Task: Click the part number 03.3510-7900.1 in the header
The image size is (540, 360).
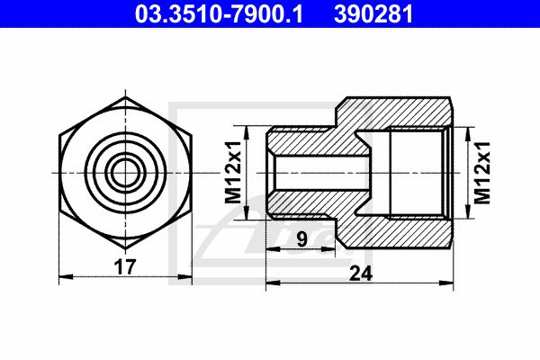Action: [x=219, y=13]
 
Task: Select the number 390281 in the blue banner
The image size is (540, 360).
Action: [x=373, y=13]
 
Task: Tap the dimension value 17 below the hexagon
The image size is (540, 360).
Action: [x=125, y=267]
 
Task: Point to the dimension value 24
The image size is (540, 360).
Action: [x=361, y=274]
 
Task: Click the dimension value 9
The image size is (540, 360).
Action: [x=301, y=239]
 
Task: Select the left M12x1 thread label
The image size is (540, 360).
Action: [x=233, y=172]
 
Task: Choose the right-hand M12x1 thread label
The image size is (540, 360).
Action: [x=481, y=172]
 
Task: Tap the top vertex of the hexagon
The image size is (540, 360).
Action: [x=125, y=97]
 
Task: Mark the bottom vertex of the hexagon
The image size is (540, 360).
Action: [x=125, y=248]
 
